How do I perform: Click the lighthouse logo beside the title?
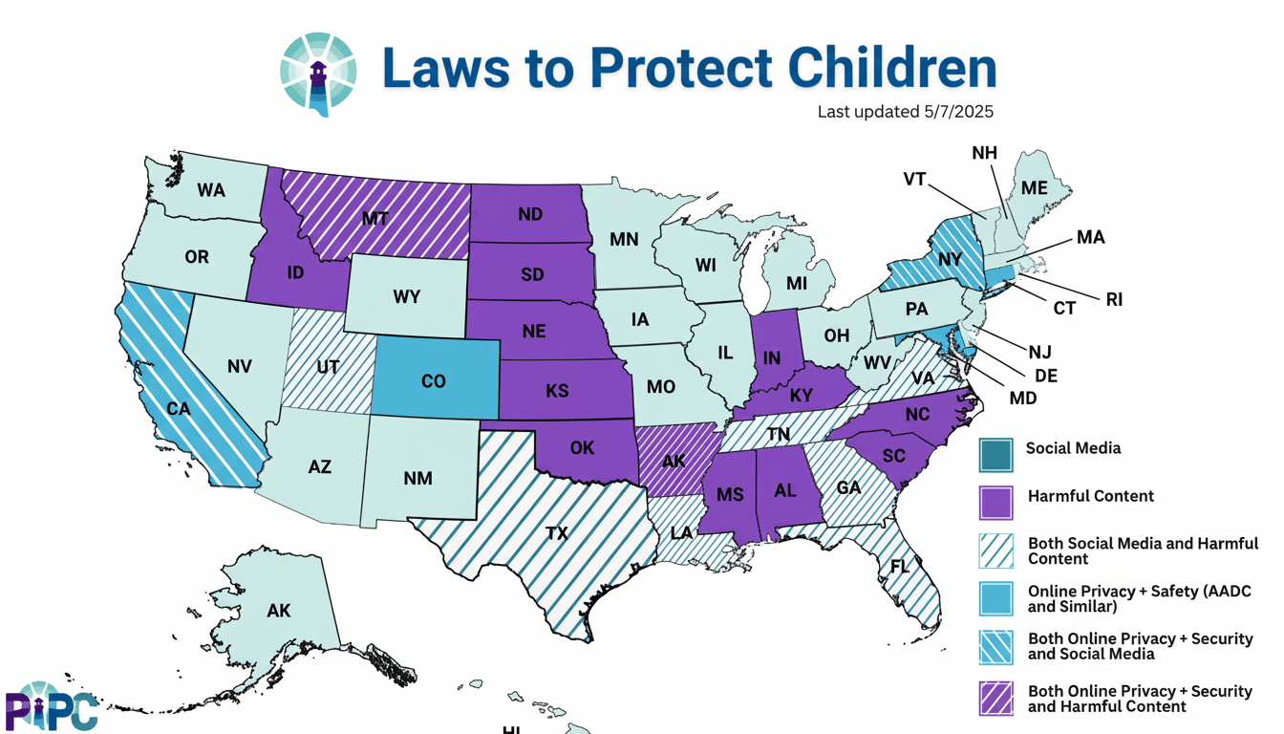pos(318,75)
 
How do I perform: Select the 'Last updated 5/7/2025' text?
pos(905,112)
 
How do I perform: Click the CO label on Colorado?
pos(433,380)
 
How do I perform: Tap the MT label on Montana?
pos(375,218)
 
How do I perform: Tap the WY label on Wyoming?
pos(406,296)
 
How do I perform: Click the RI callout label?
pos(1114,300)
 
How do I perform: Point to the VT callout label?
pos(914,179)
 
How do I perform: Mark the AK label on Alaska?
pos(279,611)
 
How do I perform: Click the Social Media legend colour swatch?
pos(995,454)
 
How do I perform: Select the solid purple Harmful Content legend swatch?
pos(995,502)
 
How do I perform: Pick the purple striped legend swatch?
pos(995,698)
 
